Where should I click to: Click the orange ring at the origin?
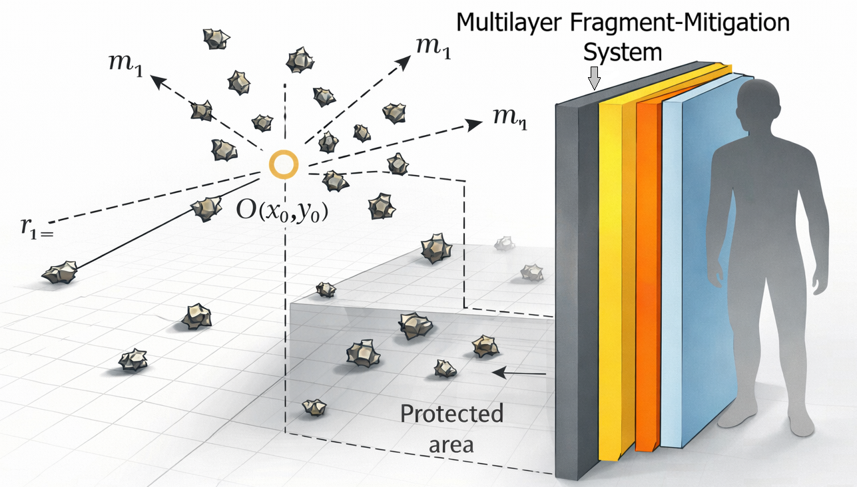284,164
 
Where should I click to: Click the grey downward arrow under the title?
595,80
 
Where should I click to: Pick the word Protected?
451,414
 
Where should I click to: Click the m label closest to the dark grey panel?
509,119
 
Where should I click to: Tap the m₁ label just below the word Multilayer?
432,49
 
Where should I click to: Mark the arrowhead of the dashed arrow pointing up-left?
157,81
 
